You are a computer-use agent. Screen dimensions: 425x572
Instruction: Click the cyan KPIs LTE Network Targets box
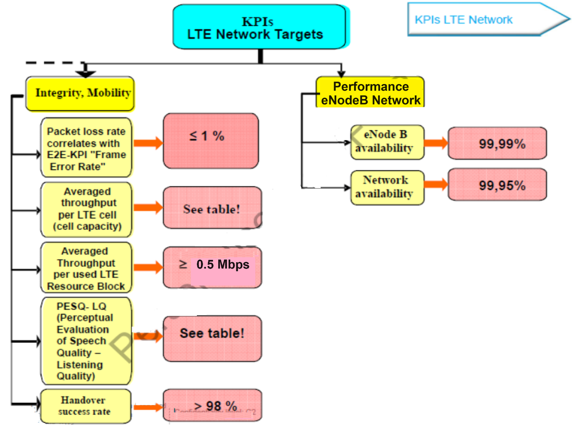coord(259,27)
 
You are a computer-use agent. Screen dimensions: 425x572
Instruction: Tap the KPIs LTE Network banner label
coord(463,20)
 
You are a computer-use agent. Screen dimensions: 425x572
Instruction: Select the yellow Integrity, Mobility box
coord(80,93)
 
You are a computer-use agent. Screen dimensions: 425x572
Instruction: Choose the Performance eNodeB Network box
coord(370,93)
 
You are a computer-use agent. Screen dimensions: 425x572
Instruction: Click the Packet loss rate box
coord(87,148)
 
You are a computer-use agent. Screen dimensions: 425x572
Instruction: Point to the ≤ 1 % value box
coord(211,141)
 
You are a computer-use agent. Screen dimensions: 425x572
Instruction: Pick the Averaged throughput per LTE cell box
coord(87,209)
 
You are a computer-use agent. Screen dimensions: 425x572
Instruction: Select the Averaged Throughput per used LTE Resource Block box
coord(87,268)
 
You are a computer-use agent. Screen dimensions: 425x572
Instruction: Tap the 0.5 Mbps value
coord(222,265)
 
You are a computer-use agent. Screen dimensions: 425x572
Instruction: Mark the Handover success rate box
coord(85,406)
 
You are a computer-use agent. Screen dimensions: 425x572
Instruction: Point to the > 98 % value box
coord(212,405)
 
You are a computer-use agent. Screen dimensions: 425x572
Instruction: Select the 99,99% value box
coord(497,143)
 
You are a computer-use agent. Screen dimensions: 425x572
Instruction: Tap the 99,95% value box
coord(497,185)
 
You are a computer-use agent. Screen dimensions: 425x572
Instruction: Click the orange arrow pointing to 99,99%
coord(435,143)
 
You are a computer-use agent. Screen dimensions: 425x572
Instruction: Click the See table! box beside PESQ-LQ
coord(212,338)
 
